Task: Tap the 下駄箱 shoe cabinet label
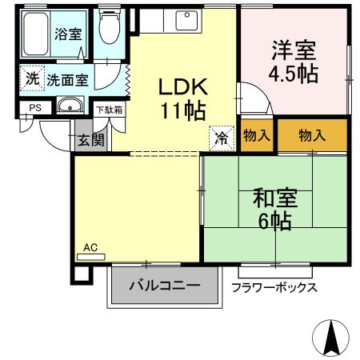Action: (x=109, y=110)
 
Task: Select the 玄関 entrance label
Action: (x=90, y=140)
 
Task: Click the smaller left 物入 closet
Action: (x=256, y=135)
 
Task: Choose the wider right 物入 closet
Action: (x=312, y=135)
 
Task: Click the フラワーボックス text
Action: (x=274, y=287)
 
